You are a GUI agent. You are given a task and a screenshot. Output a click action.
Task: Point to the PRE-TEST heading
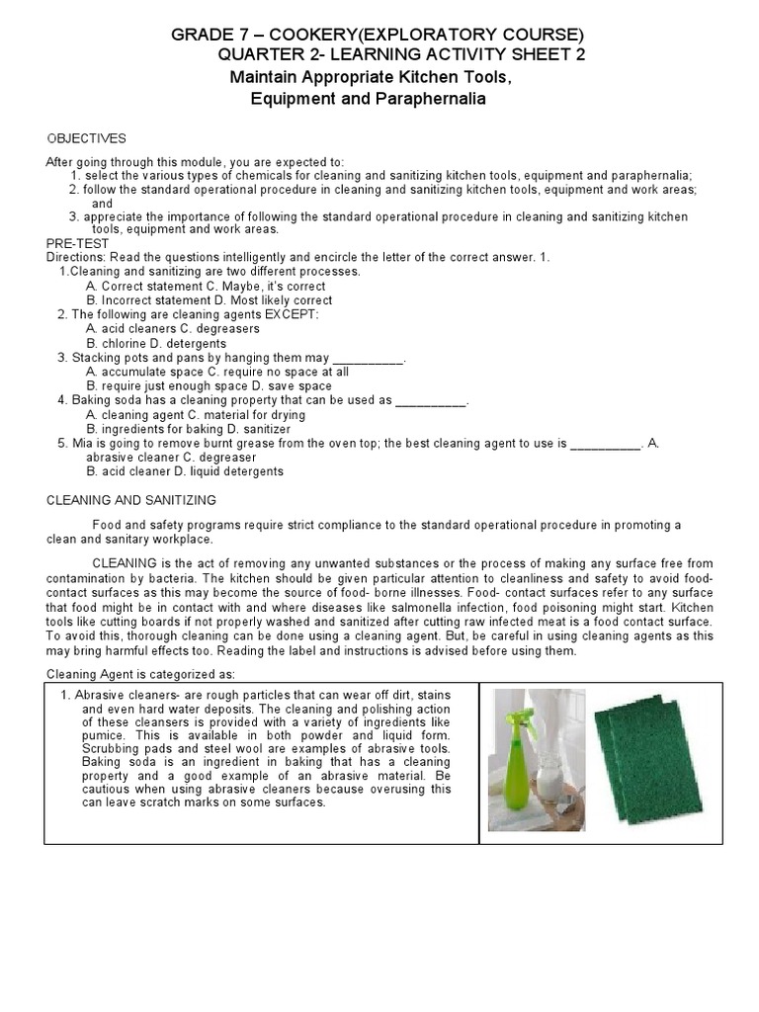pos(77,242)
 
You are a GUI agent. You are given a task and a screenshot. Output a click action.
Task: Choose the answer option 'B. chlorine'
pos(125,343)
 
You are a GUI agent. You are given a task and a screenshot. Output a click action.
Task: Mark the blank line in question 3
pos(370,358)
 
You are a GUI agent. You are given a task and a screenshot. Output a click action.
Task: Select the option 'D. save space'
pos(293,385)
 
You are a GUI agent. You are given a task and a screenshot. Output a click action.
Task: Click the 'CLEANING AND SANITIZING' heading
pos(131,501)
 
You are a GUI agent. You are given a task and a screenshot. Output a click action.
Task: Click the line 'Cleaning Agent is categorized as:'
pos(141,674)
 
